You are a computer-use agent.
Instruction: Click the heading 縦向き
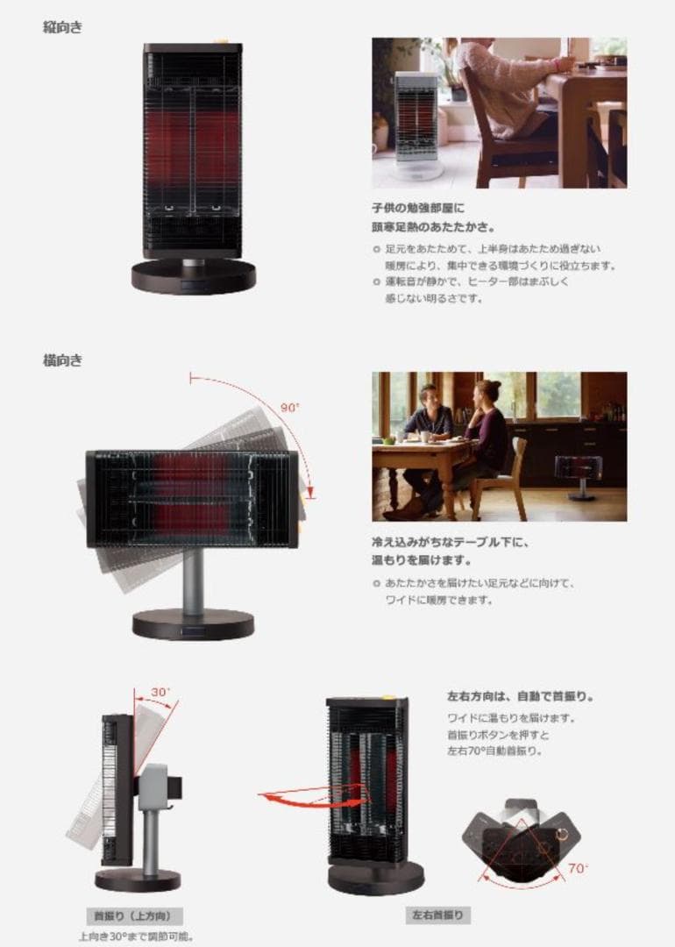click(62, 27)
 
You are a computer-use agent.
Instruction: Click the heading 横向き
click(62, 360)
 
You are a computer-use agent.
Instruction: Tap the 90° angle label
click(290, 408)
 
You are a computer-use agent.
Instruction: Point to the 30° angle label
click(160, 692)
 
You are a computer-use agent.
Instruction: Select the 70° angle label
click(578, 868)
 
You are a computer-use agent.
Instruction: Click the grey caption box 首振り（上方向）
click(133, 916)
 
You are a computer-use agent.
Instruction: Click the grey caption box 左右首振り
click(437, 915)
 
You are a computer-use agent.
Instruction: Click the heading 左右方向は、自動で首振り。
click(520, 696)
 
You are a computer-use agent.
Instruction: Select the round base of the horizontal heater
click(193, 624)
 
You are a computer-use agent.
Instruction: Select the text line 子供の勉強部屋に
click(418, 209)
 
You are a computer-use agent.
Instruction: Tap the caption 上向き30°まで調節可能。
click(136, 936)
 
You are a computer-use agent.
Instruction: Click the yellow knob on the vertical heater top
click(221, 41)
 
